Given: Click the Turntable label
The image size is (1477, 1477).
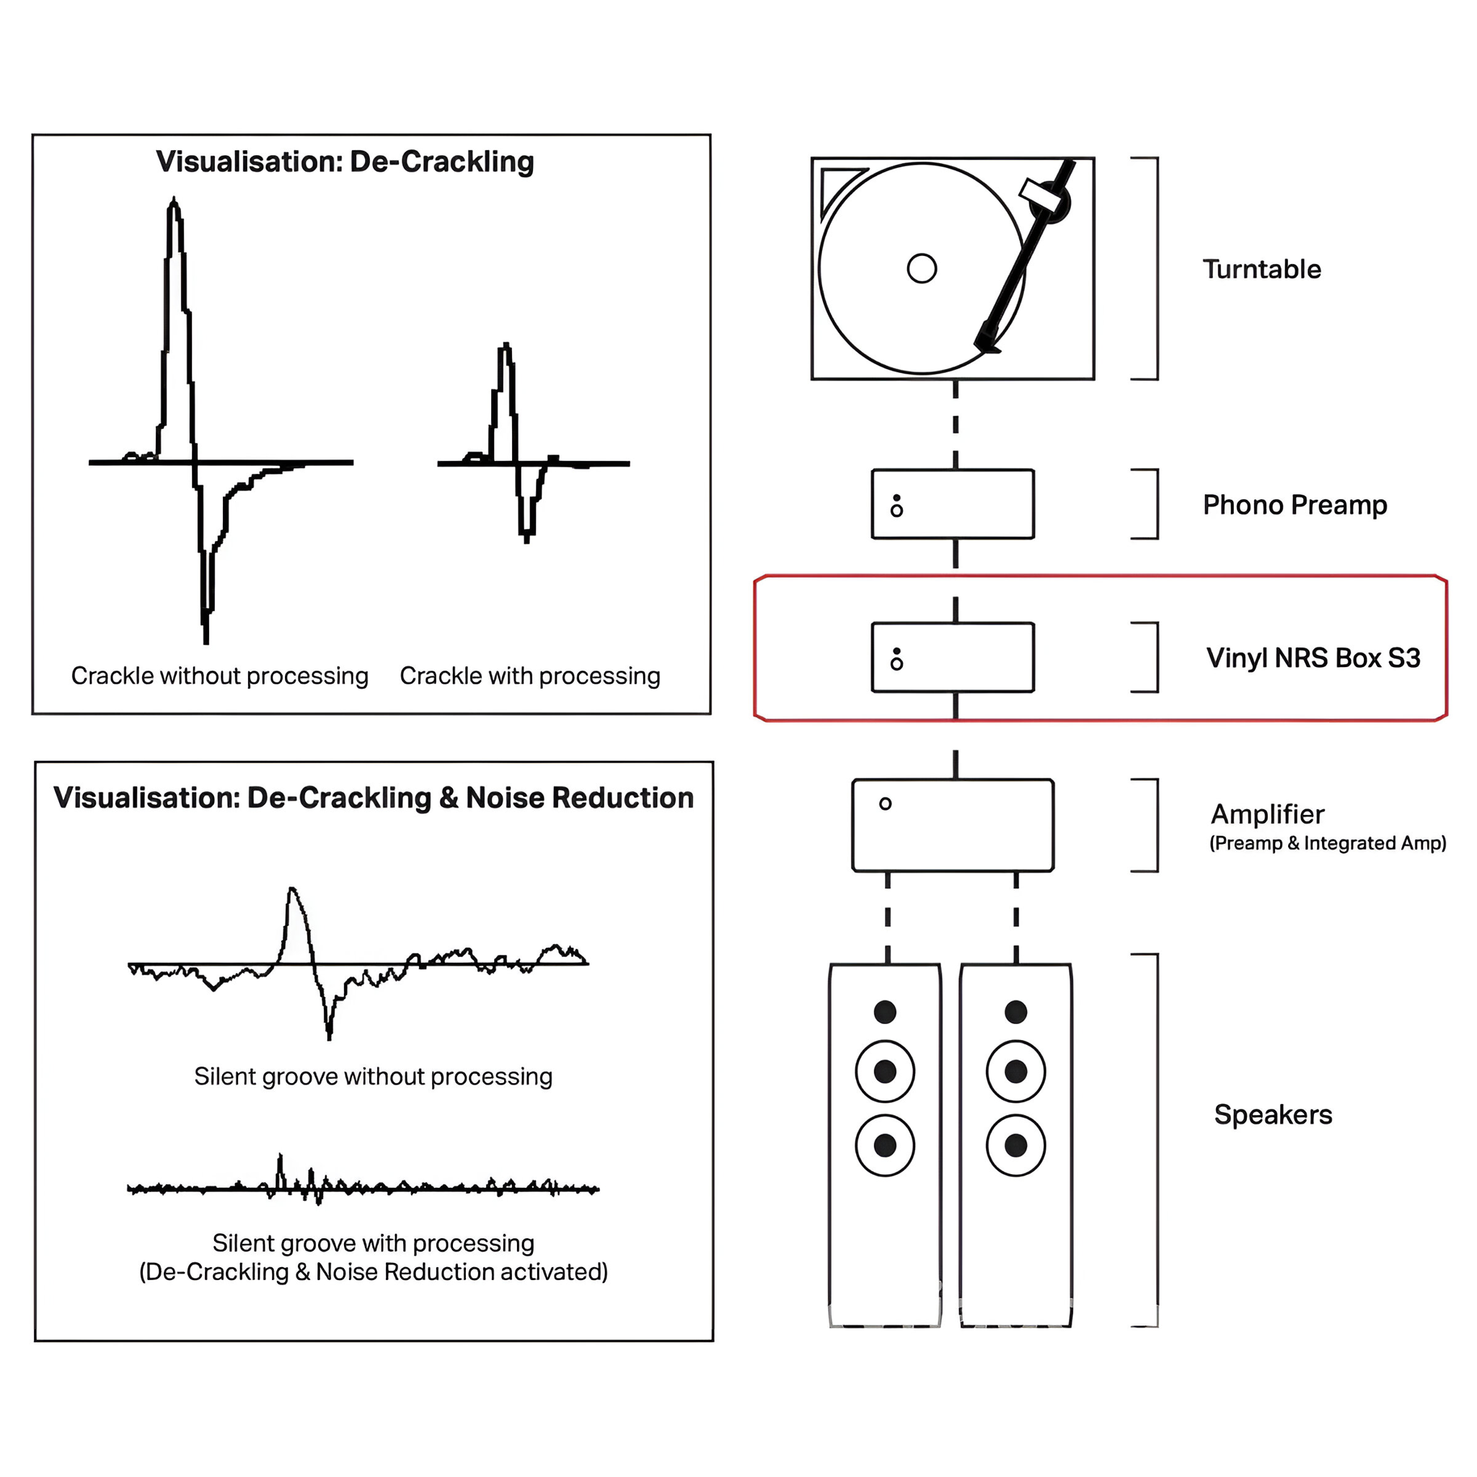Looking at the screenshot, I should [1261, 269].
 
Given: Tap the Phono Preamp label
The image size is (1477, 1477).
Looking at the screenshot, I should [1295, 505].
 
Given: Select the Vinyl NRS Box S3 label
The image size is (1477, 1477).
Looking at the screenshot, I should [1313, 658].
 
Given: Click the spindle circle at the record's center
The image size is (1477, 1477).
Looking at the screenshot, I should [921, 268].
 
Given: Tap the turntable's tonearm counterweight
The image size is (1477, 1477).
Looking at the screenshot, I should [1054, 203].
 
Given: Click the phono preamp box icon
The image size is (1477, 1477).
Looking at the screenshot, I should [953, 504].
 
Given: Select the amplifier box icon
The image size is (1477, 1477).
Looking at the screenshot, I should [953, 825].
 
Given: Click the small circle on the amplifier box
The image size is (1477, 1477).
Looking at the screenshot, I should [886, 803].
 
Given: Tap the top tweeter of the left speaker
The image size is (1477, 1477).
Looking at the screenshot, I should [884, 1012].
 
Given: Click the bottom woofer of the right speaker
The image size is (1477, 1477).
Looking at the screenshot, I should [1015, 1145].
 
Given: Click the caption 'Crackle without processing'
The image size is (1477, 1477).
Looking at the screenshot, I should [219, 676].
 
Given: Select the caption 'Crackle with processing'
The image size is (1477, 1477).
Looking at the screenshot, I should [530, 676].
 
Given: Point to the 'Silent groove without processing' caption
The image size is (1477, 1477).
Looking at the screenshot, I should [373, 1077].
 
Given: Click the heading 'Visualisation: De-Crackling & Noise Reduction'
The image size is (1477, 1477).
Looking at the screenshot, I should [373, 798].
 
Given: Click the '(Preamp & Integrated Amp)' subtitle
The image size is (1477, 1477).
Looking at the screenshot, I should [1327, 843].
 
